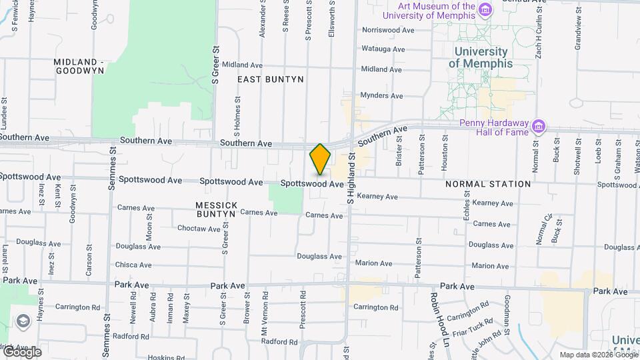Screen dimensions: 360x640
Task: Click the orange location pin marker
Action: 320,159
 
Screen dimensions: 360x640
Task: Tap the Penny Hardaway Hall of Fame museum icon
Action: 539,125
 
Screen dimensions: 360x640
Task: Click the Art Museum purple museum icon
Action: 485,9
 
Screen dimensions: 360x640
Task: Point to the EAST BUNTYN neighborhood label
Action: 271,79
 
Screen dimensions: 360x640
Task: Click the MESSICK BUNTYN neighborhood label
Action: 216,209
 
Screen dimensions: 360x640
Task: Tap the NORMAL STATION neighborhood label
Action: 488,184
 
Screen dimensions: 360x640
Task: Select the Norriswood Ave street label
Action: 388,30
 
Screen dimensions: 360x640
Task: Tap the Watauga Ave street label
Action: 383,49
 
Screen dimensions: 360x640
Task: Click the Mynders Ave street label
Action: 381,95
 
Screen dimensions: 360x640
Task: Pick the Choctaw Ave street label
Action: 199,229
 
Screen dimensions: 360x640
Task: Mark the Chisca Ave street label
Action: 133,265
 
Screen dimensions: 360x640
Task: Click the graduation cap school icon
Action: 24,321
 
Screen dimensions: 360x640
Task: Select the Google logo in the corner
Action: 21,352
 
